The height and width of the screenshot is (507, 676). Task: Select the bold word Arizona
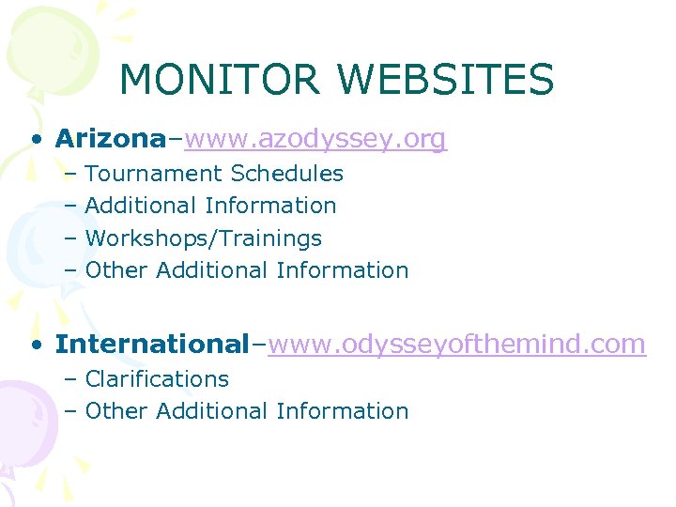coord(110,139)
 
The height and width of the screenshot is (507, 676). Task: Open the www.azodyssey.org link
coord(315,140)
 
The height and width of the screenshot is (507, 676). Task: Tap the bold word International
coord(150,345)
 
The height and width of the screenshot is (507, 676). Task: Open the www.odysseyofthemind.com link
coord(456,345)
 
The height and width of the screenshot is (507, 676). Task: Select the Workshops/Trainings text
coord(203,238)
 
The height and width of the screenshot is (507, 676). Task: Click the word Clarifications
coord(157,379)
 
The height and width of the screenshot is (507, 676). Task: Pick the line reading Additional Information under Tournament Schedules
coord(210,206)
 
